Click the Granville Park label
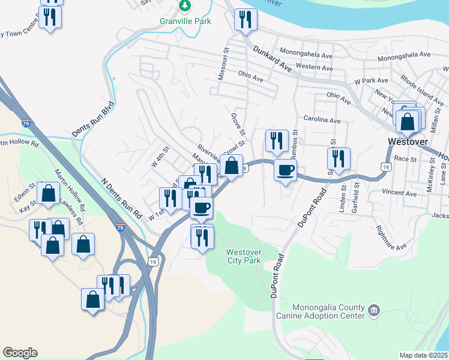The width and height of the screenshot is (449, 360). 185,20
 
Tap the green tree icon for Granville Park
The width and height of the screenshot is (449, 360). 185,7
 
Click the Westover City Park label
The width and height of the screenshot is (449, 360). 244,256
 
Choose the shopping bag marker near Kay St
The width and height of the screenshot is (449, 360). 48,193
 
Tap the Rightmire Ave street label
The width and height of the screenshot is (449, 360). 391,237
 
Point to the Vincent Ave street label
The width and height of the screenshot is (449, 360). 399,193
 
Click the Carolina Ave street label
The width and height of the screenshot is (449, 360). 322,120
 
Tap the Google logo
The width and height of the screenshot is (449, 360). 20,353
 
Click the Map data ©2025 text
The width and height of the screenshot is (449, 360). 423,355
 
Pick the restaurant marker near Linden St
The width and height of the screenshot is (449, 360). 339,158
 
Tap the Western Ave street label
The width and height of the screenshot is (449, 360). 315,68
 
